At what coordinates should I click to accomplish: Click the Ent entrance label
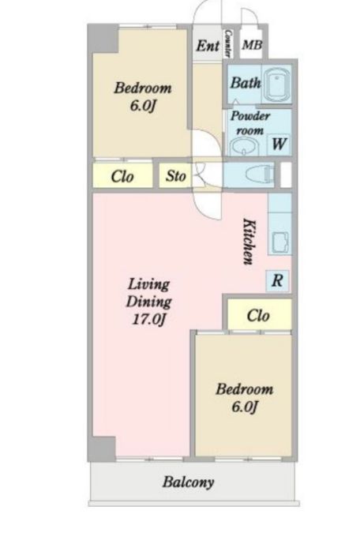[208, 46]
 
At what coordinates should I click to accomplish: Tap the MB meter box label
[252, 45]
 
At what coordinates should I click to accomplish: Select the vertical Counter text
[228, 43]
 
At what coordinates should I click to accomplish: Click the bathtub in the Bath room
[277, 86]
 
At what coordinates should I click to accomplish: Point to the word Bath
[246, 83]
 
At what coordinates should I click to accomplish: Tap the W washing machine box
[279, 143]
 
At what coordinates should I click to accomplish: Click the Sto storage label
[175, 175]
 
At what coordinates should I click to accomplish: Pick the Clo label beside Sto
[122, 176]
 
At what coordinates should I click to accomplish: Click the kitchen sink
[279, 242]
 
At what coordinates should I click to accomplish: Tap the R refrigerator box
[277, 280]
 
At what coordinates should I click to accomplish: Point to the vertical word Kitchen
[249, 241]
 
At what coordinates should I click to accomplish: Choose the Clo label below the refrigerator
[258, 316]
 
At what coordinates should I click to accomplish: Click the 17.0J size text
[148, 319]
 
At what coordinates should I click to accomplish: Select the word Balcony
[189, 482]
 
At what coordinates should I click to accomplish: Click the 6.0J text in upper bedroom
[141, 105]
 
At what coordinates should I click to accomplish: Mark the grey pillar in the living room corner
[102, 448]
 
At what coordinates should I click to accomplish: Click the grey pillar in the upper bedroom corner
[103, 39]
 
